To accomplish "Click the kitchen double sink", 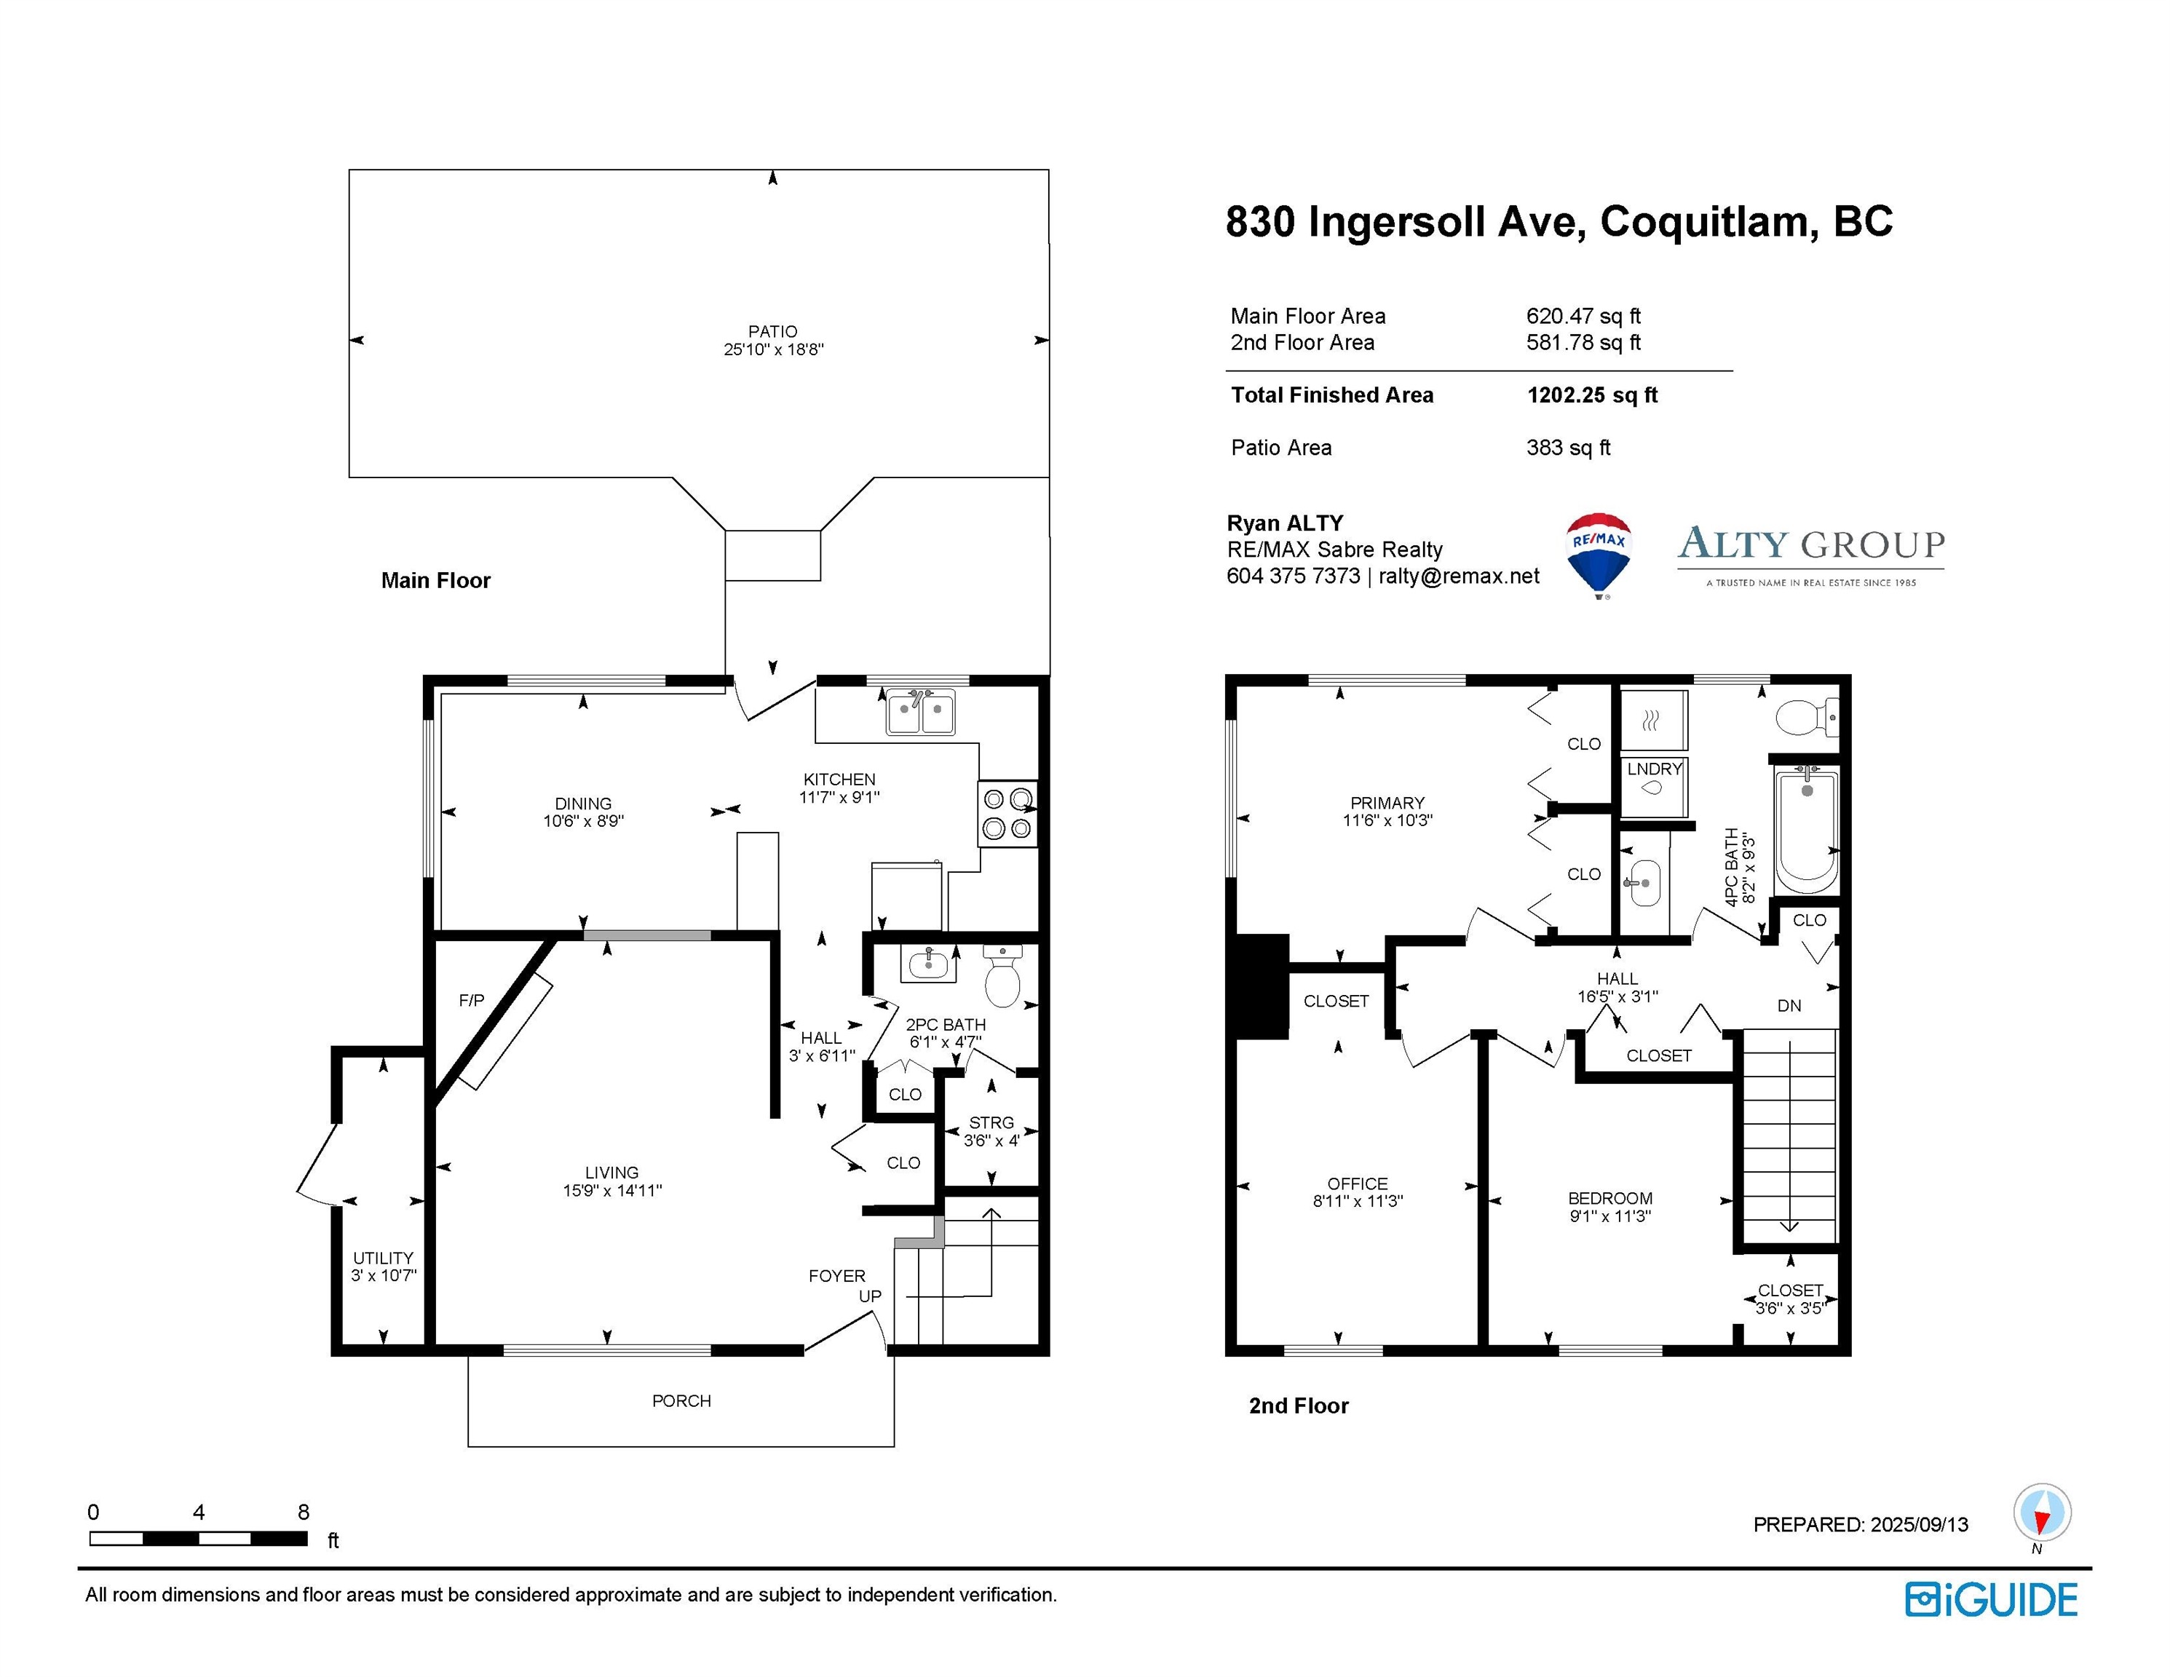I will click(x=921, y=713).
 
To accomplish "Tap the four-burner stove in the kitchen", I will click(x=1007, y=814).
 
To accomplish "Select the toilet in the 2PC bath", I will click(x=1002, y=977).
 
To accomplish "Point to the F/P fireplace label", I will click(x=471, y=1000).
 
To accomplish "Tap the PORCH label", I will click(x=681, y=1401).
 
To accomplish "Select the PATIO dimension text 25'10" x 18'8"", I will click(x=773, y=349).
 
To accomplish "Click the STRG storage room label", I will click(x=991, y=1122).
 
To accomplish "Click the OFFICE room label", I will click(x=1357, y=1184).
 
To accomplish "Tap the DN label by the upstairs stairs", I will click(x=1789, y=1005).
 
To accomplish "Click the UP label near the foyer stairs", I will click(x=869, y=1296).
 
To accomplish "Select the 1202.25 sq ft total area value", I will click(x=1592, y=395).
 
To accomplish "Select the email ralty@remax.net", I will click(x=1459, y=576).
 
